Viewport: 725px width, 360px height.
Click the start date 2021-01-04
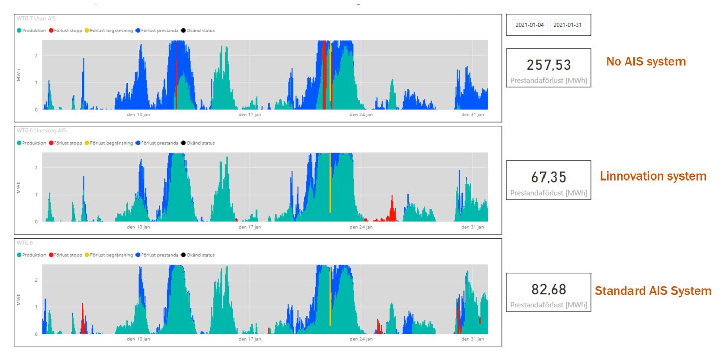point(529,25)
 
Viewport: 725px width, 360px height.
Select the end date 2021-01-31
point(567,25)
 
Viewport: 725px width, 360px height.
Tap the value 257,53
point(549,65)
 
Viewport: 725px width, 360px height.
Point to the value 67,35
point(549,177)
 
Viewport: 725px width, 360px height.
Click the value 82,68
point(549,289)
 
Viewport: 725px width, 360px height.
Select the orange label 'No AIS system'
point(646,62)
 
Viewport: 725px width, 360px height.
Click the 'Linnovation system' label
point(653,176)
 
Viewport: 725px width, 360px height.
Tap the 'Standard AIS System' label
point(653,291)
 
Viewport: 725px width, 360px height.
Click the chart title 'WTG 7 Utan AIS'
point(36,18)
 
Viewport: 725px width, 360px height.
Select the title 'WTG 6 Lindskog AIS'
point(41,131)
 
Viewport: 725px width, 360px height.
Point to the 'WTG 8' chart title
point(25,243)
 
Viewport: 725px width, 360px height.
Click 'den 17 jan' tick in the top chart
point(250,115)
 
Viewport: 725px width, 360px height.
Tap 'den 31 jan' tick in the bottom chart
point(473,339)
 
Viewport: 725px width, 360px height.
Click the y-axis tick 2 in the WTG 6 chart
point(36,168)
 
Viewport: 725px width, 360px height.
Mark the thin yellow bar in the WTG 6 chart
point(330,183)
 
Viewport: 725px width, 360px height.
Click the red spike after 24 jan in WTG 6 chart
point(392,209)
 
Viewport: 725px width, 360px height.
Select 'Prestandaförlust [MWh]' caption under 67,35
point(549,193)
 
